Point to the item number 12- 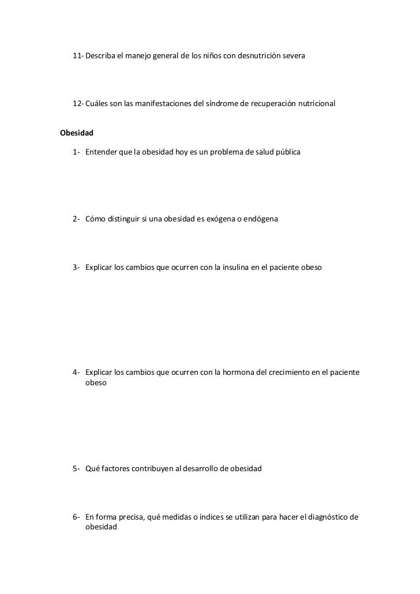78,104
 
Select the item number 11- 78,56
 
